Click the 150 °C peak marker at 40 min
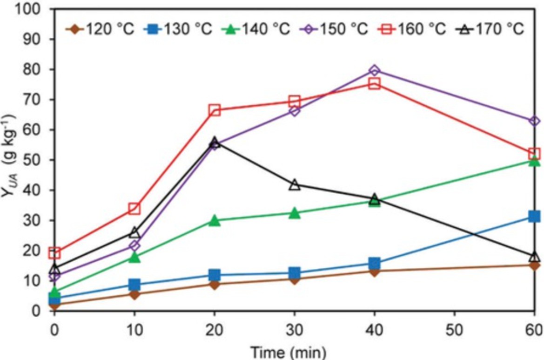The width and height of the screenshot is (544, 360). point(374,70)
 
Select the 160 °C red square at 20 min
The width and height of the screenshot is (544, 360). point(215,110)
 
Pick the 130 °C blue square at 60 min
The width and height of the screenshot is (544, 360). point(534,216)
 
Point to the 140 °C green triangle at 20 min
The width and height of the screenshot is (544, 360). point(215,220)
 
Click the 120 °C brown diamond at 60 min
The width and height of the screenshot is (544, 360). point(534,265)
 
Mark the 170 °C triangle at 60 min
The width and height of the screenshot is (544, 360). point(534,257)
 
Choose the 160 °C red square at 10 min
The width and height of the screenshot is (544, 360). point(134,208)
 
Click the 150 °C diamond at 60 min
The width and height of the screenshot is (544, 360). point(534,121)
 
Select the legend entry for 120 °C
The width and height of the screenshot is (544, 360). point(101,29)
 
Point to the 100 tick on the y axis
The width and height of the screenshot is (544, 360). point(29,9)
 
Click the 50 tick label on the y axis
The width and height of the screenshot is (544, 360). point(34,160)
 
